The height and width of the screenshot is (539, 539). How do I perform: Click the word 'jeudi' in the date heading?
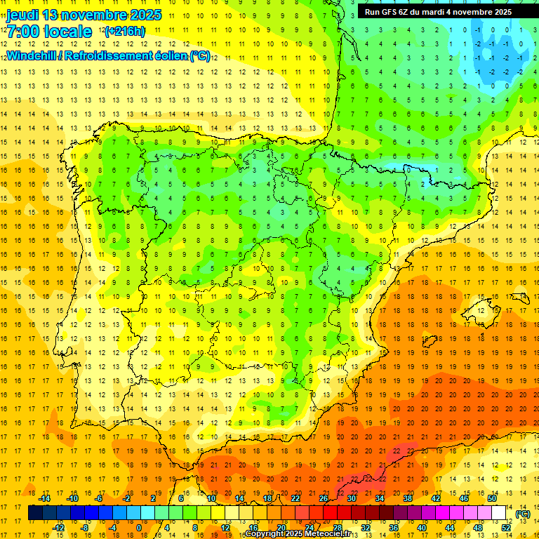coord(22,15)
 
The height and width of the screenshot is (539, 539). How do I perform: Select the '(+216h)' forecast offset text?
coord(124,32)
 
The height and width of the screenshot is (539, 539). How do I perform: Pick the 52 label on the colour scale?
coord(505,528)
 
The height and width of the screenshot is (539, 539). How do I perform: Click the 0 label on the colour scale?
coord(138,528)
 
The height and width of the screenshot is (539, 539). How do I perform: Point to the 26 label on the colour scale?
coord(324,498)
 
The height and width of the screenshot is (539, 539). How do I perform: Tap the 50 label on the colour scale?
coord(491,498)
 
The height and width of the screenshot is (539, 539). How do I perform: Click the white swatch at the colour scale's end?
coord(498,513)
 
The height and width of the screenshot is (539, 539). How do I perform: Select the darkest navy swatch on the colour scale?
coord(35,513)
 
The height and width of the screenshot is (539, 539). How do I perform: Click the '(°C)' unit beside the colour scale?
coord(522,514)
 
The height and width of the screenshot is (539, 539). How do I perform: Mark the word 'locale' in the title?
coord(67,32)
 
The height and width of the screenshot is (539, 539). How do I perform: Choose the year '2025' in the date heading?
coord(141,15)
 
